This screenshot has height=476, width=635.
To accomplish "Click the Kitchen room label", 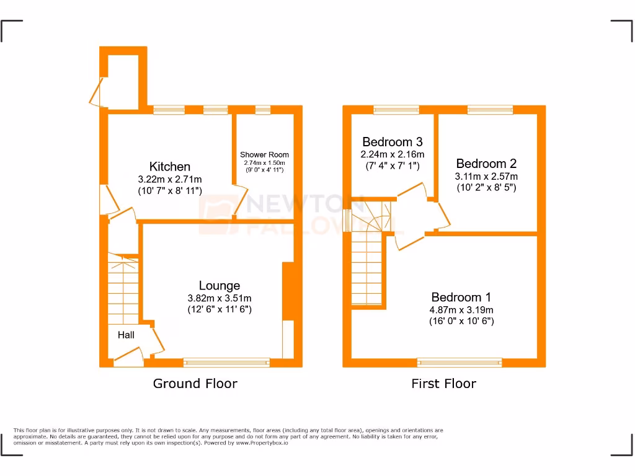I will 169,167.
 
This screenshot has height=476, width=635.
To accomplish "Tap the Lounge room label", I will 219,286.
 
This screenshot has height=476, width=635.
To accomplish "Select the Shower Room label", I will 264,154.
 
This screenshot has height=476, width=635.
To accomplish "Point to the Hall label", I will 127,335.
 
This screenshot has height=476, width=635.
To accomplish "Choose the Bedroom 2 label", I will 486,164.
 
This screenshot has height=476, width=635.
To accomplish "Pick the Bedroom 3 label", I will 393,141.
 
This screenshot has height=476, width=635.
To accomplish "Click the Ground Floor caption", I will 195,384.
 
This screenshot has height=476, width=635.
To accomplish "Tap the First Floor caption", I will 443,384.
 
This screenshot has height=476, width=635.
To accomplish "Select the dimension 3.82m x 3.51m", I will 220,298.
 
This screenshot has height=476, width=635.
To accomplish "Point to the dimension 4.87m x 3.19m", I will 461,310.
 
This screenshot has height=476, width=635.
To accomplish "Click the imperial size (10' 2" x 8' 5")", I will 486,188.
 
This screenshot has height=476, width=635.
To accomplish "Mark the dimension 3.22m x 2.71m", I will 169,179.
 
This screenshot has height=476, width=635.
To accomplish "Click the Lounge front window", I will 226,362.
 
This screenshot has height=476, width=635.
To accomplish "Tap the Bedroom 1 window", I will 460,362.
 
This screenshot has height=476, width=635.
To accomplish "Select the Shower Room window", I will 263,110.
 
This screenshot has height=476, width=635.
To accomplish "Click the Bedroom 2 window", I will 490,110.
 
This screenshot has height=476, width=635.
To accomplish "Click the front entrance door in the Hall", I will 128,356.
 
